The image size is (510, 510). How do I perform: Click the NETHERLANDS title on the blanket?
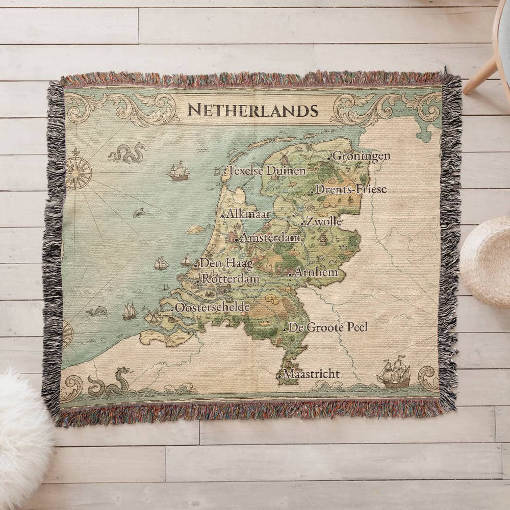[253, 110]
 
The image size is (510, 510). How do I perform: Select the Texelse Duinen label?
[267, 171]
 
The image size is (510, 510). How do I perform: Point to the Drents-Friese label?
[351, 189]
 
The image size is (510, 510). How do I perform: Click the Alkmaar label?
[248, 214]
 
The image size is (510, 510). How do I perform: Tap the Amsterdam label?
[270, 238]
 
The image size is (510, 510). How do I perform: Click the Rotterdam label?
[231, 279]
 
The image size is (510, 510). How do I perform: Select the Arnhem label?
[316, 272]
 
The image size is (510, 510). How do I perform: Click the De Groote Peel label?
[328, 327]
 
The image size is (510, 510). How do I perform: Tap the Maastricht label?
[311, 374]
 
